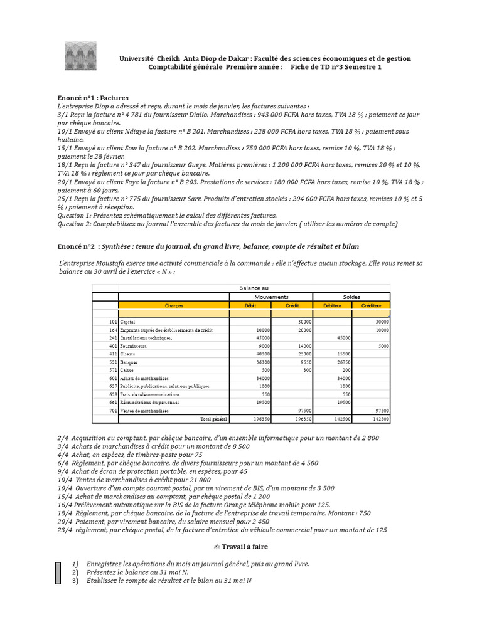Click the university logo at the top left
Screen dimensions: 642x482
click(x=80, y=56)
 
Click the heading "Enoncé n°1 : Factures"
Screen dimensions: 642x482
click(x=93, y=98)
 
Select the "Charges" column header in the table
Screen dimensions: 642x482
click(x=174, y=305)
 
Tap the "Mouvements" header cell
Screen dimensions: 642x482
click(x=271, y=297)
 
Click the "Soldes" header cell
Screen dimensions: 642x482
click(x=351, y=297)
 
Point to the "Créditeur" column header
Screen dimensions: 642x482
click(x=371, y=305)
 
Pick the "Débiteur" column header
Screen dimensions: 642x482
click(x=332, y=305)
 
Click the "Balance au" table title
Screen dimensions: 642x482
click(x=254, y=288)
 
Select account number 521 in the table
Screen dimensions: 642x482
click(x=114, y=362)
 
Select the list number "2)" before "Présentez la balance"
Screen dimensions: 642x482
click(x=75, y=572)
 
